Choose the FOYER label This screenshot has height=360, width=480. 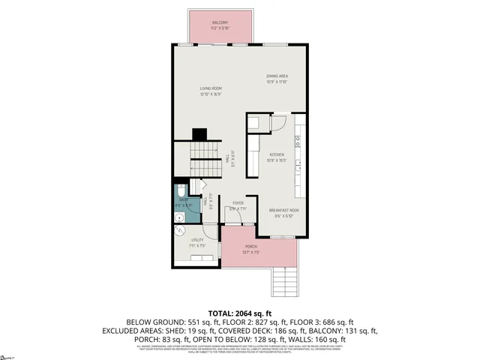tap(238, 203)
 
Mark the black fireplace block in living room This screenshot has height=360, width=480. tap(199, 135)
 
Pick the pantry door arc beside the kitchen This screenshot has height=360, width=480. tap(277, 124)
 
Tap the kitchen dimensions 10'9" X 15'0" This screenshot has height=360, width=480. tap(277, 160)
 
